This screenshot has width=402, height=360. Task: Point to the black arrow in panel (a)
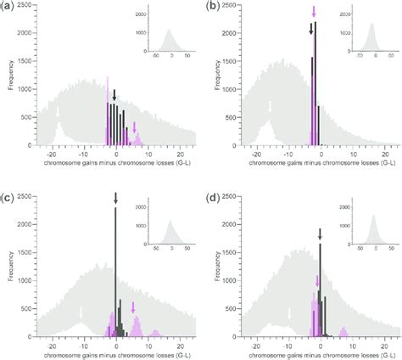pos(114,95)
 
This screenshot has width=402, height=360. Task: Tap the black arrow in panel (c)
pos(116,199)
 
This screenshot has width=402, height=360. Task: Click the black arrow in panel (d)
pos(320,233)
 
